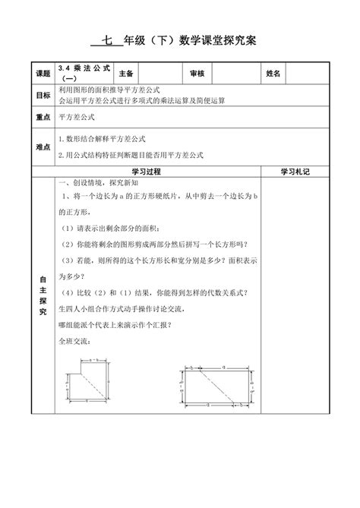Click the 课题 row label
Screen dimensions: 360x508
tap(43, 74)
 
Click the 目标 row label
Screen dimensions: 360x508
tap(43, 95)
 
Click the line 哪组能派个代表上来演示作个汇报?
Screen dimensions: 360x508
tap(115, 325)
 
